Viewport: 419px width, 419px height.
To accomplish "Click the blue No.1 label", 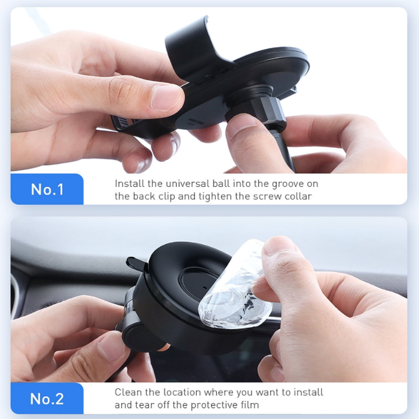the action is [x=47, y=189].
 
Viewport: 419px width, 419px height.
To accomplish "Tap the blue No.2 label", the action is [x=47, y=399].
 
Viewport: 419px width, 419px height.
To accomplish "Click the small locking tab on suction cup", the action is [x=136, y=263].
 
